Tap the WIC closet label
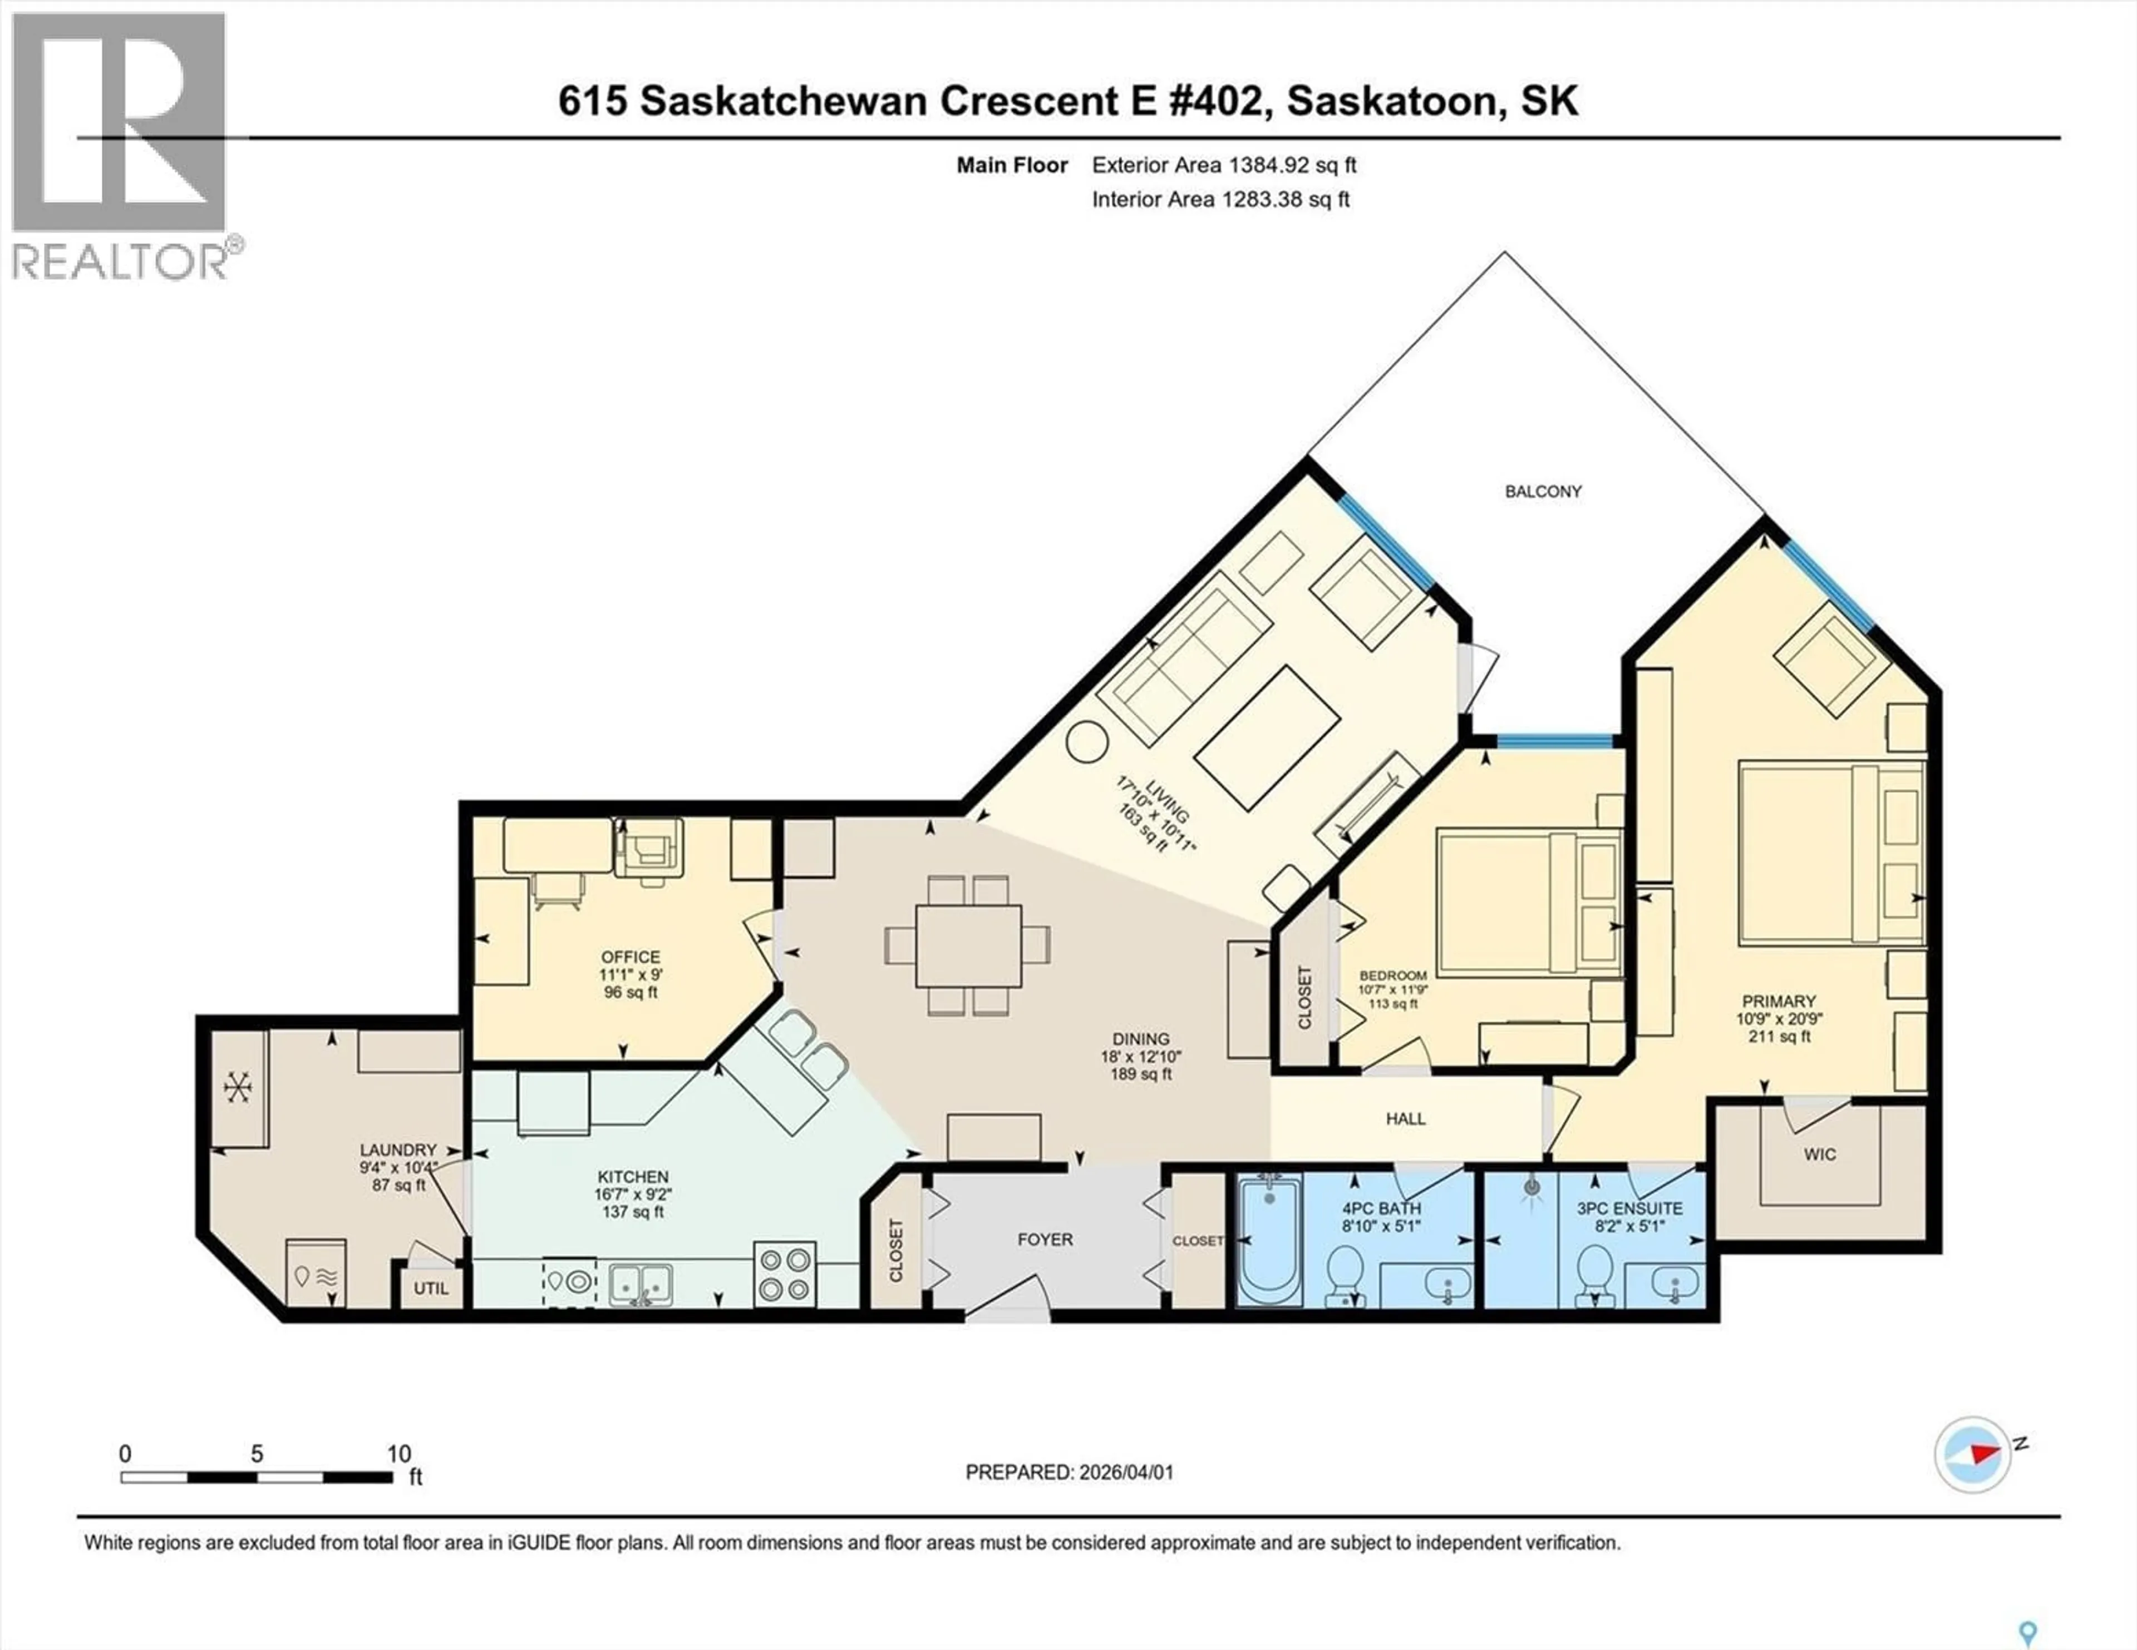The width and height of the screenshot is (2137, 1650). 1819,1154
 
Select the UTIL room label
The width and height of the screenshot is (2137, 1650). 431,1288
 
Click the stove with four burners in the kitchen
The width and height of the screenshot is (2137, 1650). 785,1274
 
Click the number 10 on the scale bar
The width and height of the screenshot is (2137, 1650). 398,1453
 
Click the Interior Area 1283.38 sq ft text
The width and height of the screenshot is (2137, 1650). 1220,200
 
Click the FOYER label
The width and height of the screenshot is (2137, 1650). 1045,1239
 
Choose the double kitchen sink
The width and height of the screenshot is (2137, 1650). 641,1282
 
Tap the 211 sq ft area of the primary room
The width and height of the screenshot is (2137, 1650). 1779,1037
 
